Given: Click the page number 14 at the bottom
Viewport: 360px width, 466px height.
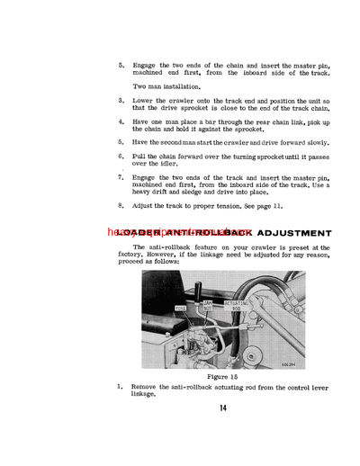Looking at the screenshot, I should pos(221,408).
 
